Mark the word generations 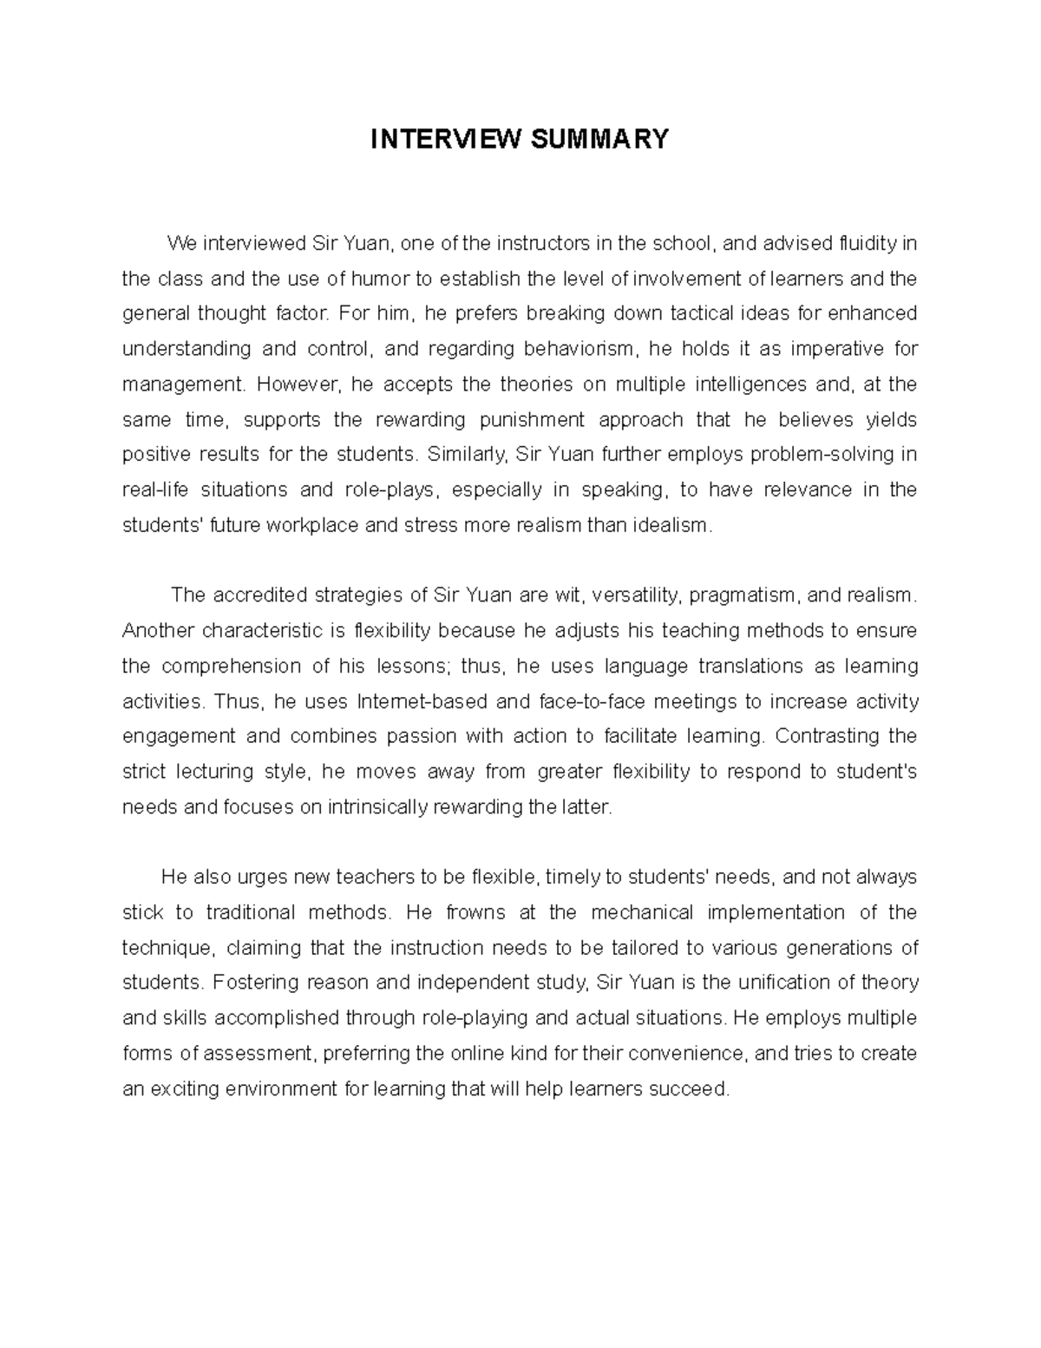click(835, 947)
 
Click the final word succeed click(694, 1088)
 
